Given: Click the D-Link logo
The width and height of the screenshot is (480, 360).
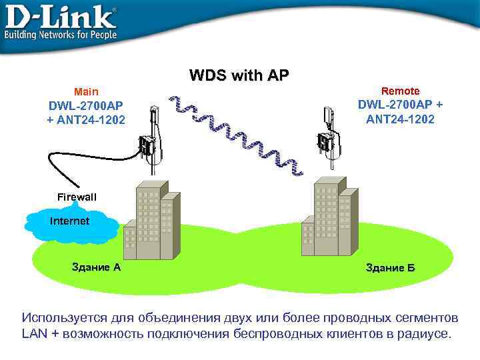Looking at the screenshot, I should (x=60, y=16).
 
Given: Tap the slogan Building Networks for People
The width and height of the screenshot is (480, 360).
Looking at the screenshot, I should (x=61, y=34).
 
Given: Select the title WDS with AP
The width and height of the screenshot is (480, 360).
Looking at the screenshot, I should (x=239, y=75).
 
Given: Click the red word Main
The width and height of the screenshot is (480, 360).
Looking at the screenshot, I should (x=85, y=91).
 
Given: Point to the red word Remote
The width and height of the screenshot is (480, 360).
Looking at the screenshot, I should (x=400, y=90).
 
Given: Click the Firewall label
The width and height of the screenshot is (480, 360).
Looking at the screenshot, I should (x=77, y=197).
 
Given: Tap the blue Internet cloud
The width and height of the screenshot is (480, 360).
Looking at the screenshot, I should (x=70, y=223).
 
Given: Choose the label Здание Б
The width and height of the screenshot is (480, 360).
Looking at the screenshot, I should (x=390, y=268).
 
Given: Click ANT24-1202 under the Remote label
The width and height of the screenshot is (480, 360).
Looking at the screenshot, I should (x=400, y=119).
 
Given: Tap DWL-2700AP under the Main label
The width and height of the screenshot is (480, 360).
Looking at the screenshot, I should (x=86, y=106).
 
